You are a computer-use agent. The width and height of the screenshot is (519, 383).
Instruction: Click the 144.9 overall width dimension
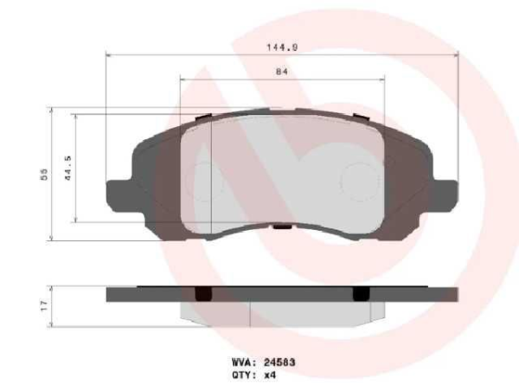(x=282, y=48)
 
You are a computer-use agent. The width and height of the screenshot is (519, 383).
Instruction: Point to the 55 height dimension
(x=42, y=174)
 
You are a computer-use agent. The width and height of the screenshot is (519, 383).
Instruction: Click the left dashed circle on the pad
(x=206, y=180)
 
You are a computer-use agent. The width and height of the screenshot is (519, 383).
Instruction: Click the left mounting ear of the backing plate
(x=117, y=194)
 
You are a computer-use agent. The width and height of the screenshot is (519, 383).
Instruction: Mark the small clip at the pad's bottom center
(x=282, y=228)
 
